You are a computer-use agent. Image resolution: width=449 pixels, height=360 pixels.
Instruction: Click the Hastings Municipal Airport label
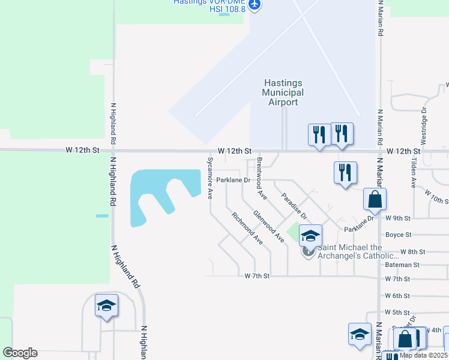pos(283,92)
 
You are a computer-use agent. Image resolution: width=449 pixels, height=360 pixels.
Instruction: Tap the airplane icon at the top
pos(255,5)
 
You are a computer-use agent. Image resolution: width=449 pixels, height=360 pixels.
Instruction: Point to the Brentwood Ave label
pos(261,178)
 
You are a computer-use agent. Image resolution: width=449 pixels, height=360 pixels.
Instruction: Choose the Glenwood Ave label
pos(268,226)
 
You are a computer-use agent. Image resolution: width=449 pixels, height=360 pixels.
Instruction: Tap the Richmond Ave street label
pos(247,229)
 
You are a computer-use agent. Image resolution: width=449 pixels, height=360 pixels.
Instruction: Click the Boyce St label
pos(398,235)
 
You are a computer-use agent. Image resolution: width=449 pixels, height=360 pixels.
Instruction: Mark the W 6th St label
pos(397,296)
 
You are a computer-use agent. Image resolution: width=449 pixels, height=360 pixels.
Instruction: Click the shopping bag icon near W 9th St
pos(375,200)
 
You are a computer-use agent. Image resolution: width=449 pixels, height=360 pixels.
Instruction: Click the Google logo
pos(20,353)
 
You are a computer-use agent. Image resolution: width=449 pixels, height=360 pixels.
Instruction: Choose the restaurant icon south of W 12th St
pos(345,173)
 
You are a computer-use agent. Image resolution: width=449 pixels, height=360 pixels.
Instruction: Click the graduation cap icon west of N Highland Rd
pos(106,305)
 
